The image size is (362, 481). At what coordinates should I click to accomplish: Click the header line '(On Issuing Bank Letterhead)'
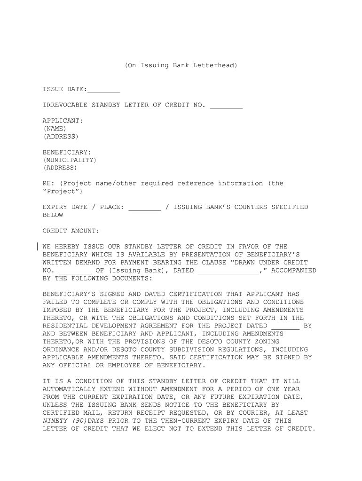point(181,65)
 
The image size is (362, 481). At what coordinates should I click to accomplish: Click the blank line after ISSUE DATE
point(103,90)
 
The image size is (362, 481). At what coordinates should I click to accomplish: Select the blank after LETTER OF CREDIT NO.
point(226,105)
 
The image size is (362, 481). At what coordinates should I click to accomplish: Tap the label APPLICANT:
point(63,121)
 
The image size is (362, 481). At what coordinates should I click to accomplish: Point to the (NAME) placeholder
point(55,129)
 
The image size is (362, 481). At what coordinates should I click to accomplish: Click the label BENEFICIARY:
point(66,152)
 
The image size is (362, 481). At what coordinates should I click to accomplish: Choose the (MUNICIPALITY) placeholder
point(70,160)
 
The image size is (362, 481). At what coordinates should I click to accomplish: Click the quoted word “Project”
point(63,192)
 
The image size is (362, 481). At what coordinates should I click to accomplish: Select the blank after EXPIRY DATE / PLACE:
point(144,207)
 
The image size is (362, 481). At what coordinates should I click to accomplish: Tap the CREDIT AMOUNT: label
point(71,231)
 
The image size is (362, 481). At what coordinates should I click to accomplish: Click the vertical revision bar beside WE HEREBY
point(38,247)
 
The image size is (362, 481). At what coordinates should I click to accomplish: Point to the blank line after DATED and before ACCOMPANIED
point(228,271)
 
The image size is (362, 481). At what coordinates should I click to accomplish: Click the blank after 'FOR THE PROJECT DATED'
point(285,326)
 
